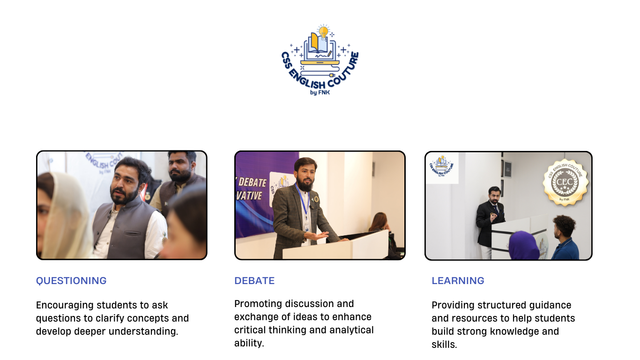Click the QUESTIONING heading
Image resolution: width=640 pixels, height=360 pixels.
click(71, 281)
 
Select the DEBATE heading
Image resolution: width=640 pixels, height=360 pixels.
click(254, 281)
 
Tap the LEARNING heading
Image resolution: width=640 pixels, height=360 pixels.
click(458, 281)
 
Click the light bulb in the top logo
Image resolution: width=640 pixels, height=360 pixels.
click(323, 31)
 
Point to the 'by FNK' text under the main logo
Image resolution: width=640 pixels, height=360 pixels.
click(320, 92)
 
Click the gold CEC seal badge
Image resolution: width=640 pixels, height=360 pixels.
click(566, 182)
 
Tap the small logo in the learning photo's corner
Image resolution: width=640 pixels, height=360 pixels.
click(441, 166)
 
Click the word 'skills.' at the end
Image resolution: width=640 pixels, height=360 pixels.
click(444, 345)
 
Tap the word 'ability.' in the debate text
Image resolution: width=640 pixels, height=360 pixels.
click(249, 343)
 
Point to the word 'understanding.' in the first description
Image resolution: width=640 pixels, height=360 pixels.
click(143, 332)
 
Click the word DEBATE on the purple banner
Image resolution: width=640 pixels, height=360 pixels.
click(252, 182)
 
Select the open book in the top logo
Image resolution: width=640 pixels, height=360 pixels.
click(317, 43)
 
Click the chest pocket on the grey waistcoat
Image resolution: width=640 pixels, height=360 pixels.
click(132, 233)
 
